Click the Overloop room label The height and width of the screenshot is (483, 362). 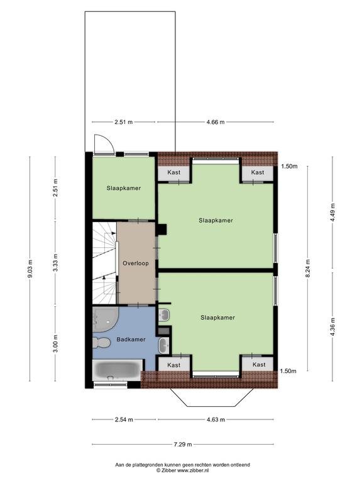click(x=136, y=264)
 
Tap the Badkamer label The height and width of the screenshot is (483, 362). click(x=131, y=340)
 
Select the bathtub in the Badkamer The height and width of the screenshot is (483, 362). click(x=117, y=370)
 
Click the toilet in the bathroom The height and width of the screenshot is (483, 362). click(x=101, y=343)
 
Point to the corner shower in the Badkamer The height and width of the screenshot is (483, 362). click(x=104, y=319)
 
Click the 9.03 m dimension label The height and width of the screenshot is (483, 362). click(x=30, y=269)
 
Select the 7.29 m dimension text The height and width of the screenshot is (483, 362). click(x=183, y=444)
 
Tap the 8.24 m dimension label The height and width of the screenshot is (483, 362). click(x=308, y=269)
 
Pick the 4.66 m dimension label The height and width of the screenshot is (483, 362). click(x=216, y=122)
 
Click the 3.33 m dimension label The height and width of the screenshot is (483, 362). click(x=55, y=263)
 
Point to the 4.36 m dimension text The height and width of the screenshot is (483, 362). click(x=332, y=326)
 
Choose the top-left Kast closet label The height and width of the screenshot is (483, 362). click(x=173, y=172)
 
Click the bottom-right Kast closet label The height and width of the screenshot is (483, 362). click(x=259, y=365)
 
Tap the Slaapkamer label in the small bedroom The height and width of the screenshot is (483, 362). click(x=124, y=188)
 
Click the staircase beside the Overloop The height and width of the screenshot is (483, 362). click(x=105, y=263)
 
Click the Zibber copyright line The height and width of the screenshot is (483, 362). click(x=182, y=470)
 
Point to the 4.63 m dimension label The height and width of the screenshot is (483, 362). click(x=216, y=419)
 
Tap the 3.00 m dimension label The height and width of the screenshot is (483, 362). click(x=55, y=343)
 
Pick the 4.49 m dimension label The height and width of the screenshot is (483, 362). click(x=332, y=213)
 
